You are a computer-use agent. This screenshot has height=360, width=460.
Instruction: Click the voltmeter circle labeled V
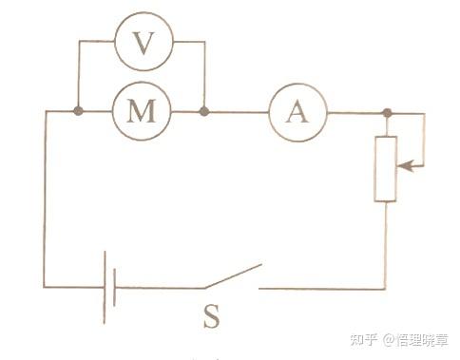(142, 43)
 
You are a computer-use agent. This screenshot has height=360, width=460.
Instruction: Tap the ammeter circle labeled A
(297, 112)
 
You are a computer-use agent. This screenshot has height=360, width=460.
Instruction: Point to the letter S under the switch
(211, 316)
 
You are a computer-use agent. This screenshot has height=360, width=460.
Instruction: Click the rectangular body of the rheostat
(385, 168)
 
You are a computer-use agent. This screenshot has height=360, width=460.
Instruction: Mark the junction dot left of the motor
(78, 112)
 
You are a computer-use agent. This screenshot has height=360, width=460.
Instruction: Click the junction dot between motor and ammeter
(204, 112)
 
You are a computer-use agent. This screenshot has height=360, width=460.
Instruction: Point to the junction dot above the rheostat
(386, 113)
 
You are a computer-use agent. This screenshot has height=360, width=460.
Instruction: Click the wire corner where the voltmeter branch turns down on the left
(78, 43)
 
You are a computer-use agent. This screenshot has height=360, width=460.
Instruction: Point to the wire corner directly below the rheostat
(385, 287)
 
